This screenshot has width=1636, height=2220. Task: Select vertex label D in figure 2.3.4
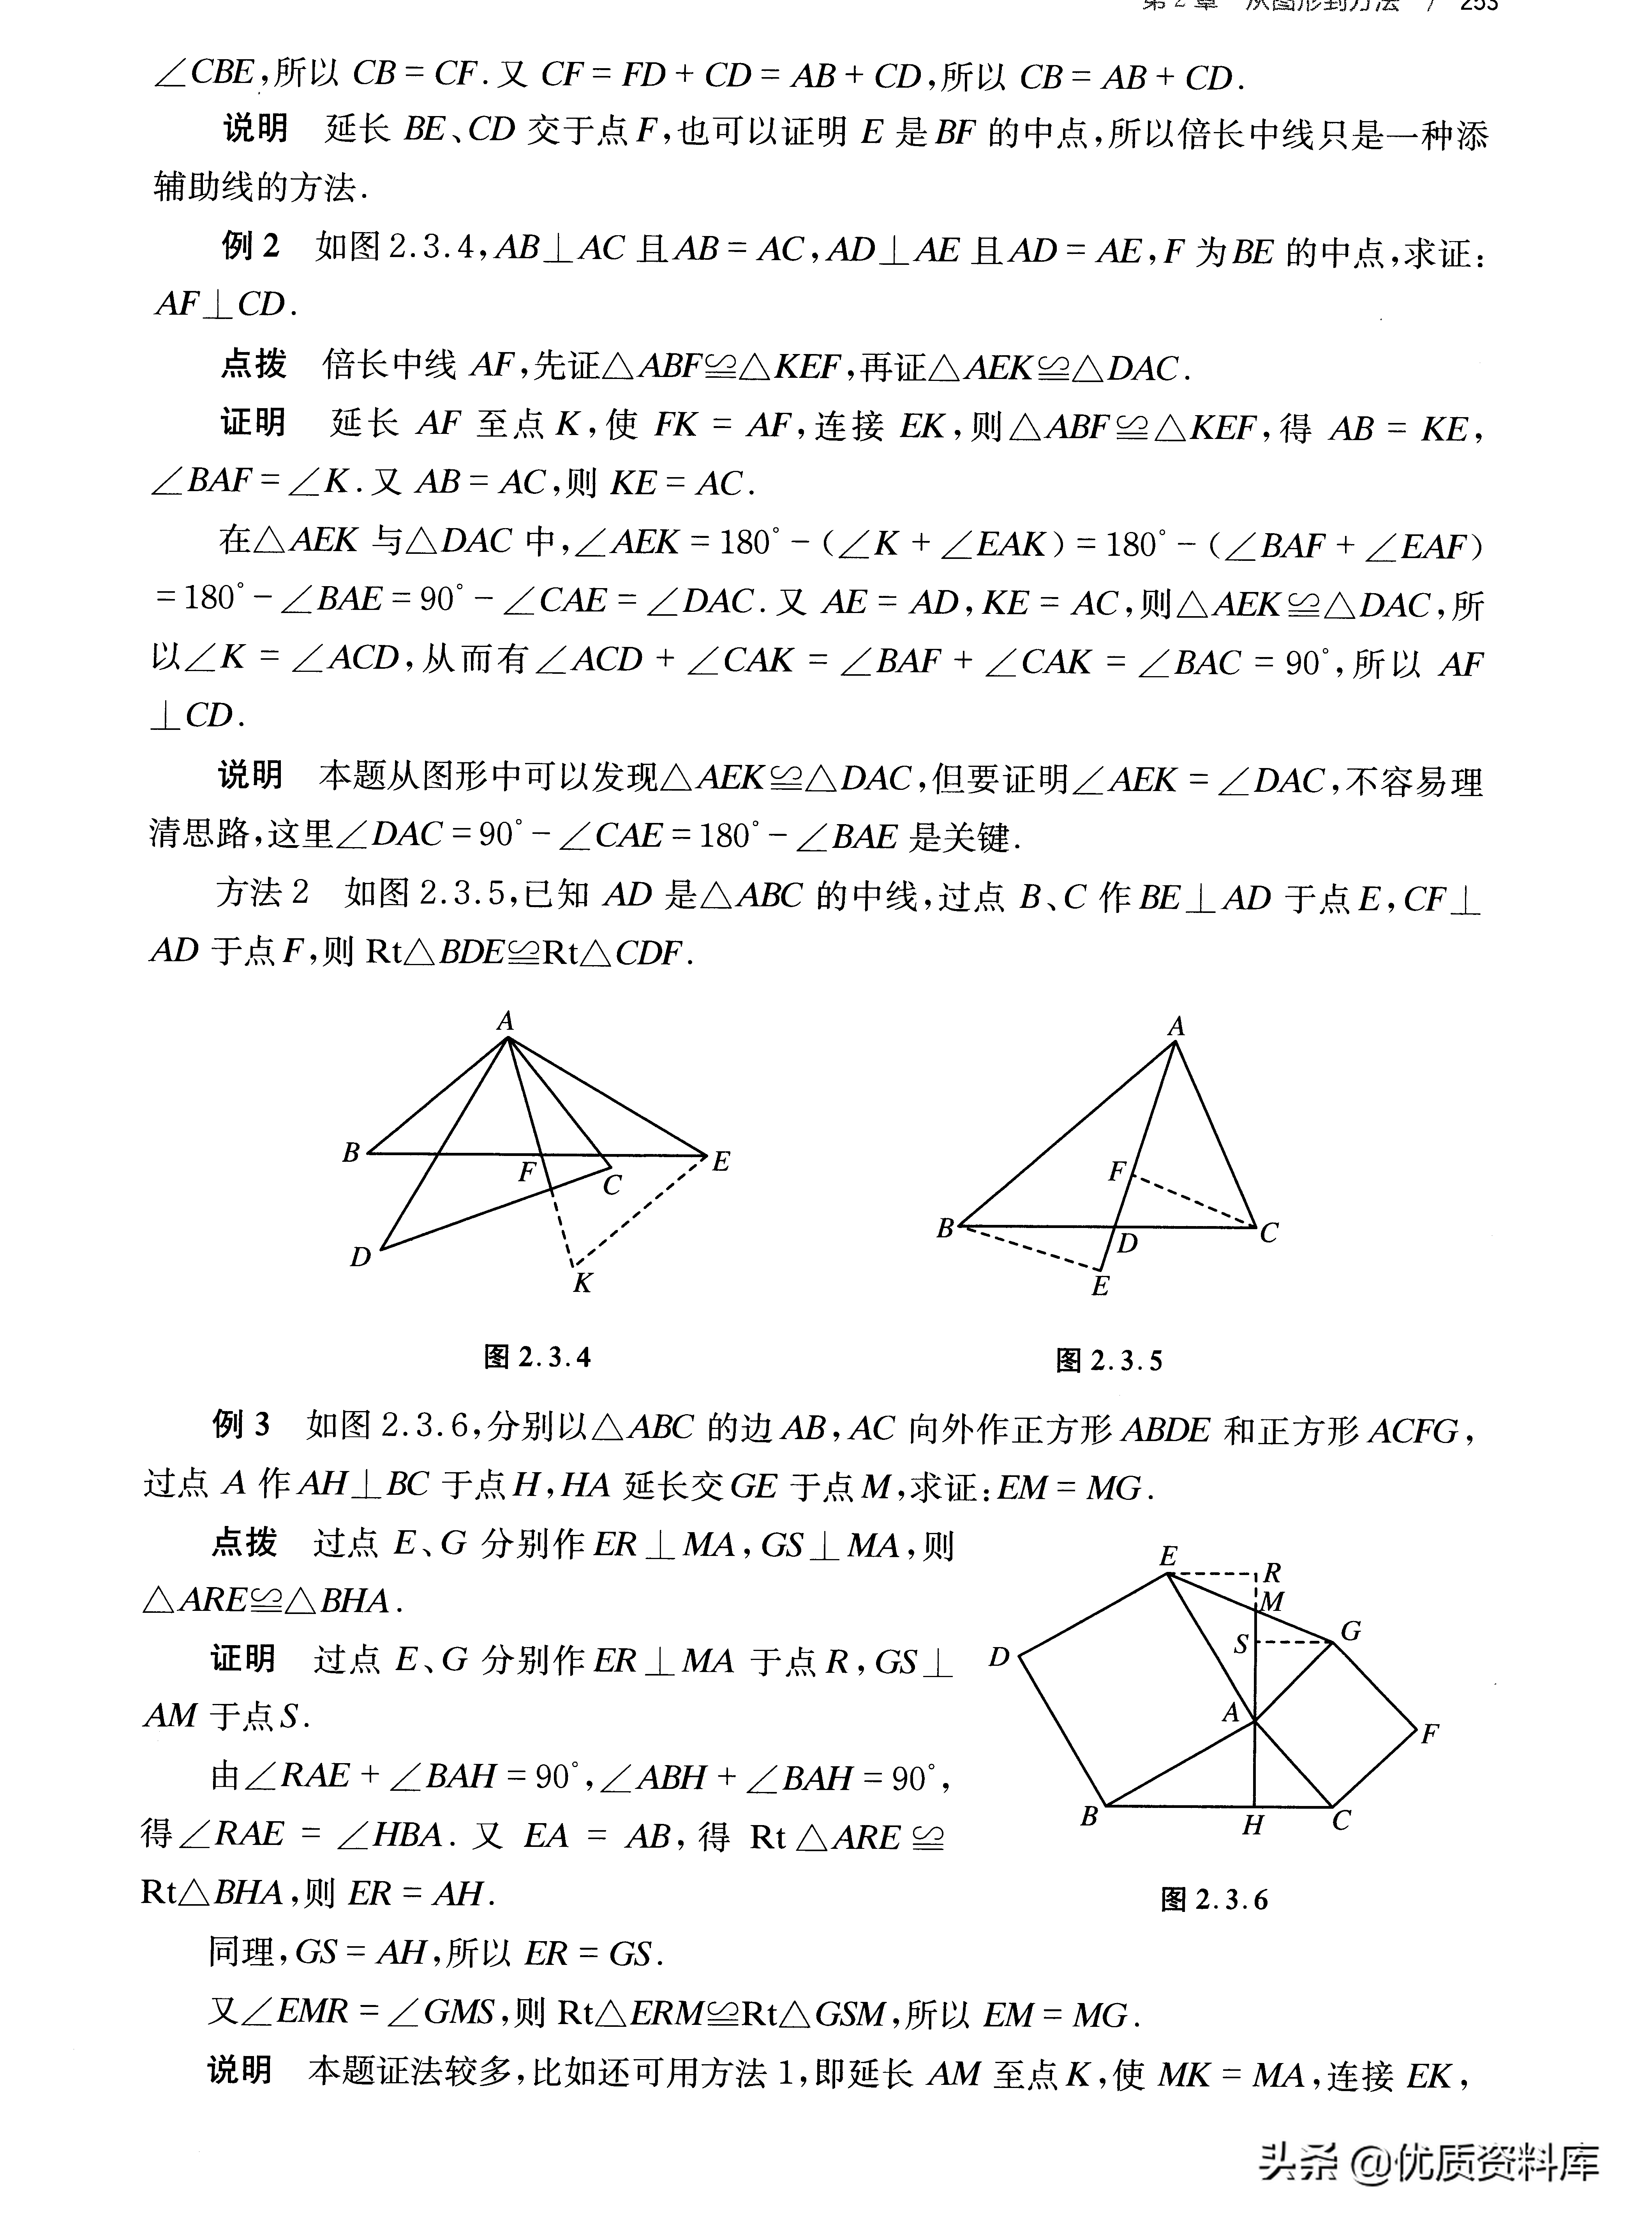[360, 1258]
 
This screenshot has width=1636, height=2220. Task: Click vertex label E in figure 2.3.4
[721, 1161]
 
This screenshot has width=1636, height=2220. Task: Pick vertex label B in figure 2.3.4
[351, 1152]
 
